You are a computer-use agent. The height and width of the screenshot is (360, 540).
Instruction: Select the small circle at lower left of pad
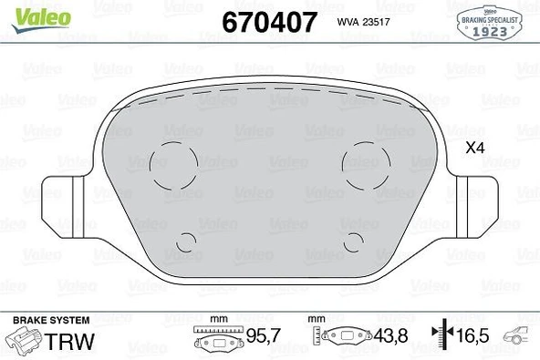187,241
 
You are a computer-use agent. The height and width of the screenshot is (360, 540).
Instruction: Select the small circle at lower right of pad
356,241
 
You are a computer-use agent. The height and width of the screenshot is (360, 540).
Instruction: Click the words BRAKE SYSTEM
50,320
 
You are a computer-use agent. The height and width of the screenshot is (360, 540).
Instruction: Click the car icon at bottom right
520,338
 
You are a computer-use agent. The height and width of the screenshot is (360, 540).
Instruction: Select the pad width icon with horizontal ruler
217,337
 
